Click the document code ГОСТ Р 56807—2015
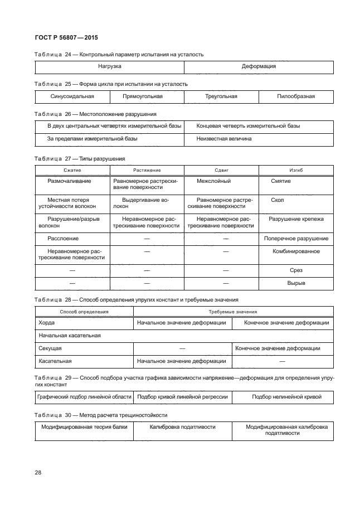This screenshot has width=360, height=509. click(x=62, y=38)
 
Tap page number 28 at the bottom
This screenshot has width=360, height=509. click(x=38, y=473)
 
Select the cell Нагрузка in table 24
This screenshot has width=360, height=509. click(x=110, y=66)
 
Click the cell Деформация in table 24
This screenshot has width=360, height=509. click(x=259, y=66)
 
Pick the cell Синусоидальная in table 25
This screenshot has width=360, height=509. click(x=72, y=96)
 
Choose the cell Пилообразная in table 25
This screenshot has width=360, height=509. click(x=295, y=96)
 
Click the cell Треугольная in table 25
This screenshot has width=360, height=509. click(x=221, y=96)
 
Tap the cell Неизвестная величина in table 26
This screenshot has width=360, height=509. click(x=223, y=138)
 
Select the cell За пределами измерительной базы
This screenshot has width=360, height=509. click(x=92, y=138)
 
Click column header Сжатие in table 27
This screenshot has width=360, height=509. click(x=72, y=170)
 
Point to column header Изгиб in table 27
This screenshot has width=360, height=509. click(x=296, y=170)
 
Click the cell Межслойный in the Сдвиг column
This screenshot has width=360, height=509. click(x=213, y=181)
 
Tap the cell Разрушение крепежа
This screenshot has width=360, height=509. click(x=296, y=219)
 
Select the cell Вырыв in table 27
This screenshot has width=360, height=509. click(x=296, y=283)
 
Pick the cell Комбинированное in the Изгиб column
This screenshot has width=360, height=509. click(x=296, y=251)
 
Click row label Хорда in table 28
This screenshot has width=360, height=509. click(x=47, y=323)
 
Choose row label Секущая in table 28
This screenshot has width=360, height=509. click(x=50, y=348)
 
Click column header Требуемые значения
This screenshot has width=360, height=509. click(x=233, y=312)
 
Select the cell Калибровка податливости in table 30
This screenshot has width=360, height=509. click(x=182, y=427)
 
